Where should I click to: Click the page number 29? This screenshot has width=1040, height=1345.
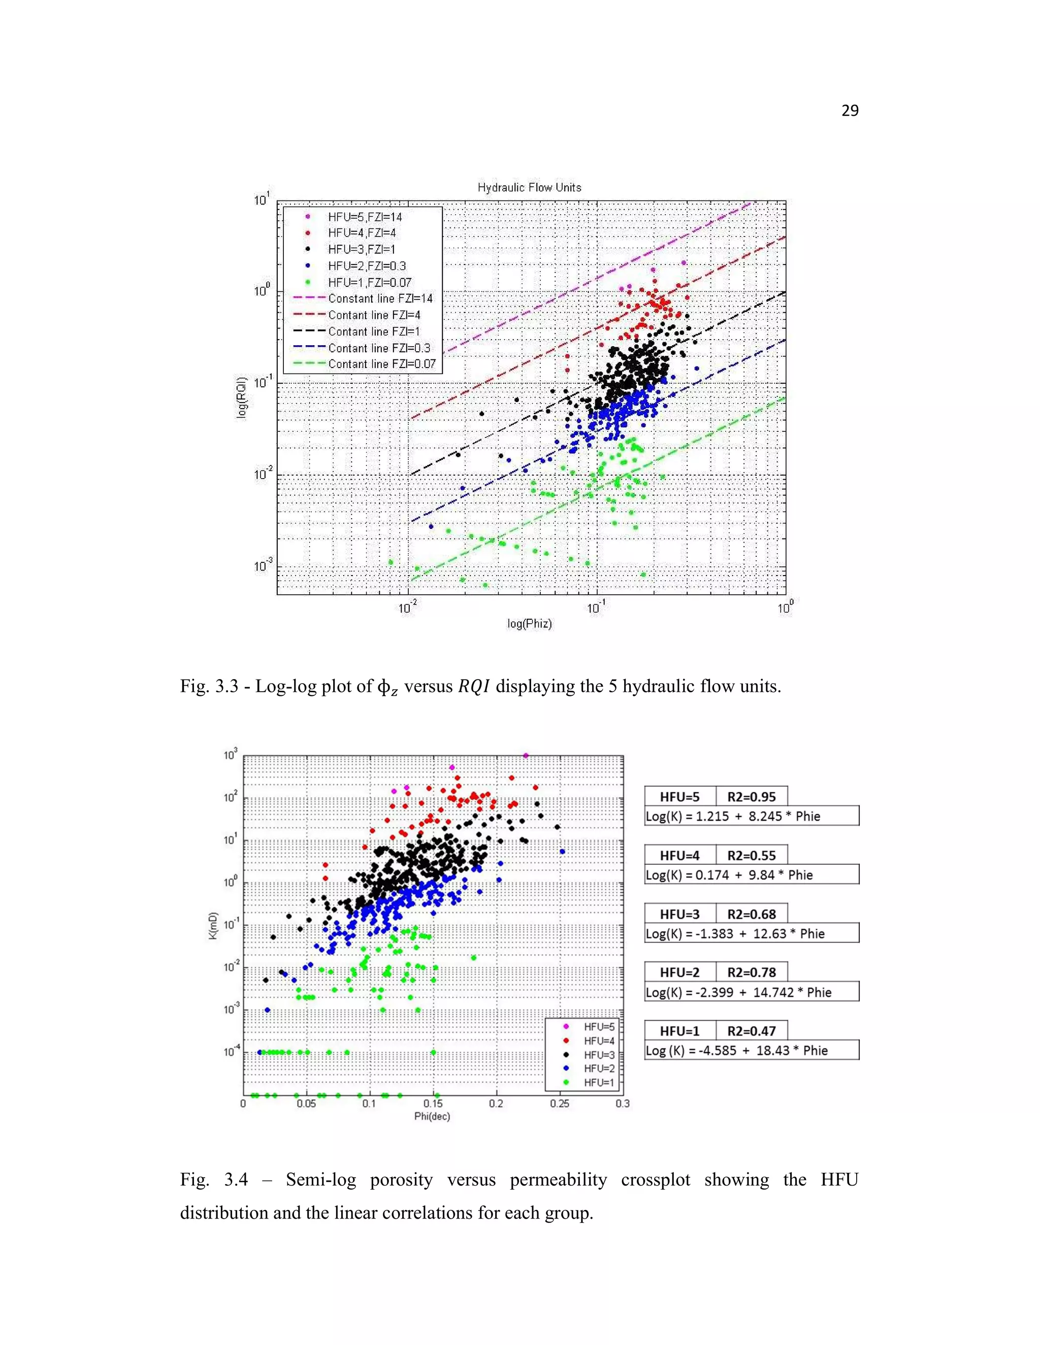click(850, 111)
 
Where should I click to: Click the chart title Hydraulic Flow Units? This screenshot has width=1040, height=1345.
click(529, 187)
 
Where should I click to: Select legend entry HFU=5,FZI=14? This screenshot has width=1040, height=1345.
click(365, 217)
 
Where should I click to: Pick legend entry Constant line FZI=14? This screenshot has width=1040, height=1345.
click(380, 298)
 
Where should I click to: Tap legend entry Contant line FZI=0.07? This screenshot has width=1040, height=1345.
click(381, 364)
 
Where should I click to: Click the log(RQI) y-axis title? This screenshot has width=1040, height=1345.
click(242, 397)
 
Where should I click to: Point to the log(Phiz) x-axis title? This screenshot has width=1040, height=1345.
click(529, 624)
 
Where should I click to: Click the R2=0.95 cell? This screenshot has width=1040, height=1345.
click(751, 797)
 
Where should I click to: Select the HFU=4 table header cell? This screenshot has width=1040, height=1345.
click(679, 855)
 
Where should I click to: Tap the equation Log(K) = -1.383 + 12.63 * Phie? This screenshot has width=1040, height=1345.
click(735, 933)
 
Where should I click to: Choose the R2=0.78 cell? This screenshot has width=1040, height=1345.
click(751, 972)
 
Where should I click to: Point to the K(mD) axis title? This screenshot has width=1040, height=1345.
click(213, 926)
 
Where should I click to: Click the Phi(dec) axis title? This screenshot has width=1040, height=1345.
click(432, 1117)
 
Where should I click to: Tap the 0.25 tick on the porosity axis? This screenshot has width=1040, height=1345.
click(560, 1103)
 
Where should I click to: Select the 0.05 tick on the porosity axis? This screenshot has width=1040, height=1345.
click(306, 1103)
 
